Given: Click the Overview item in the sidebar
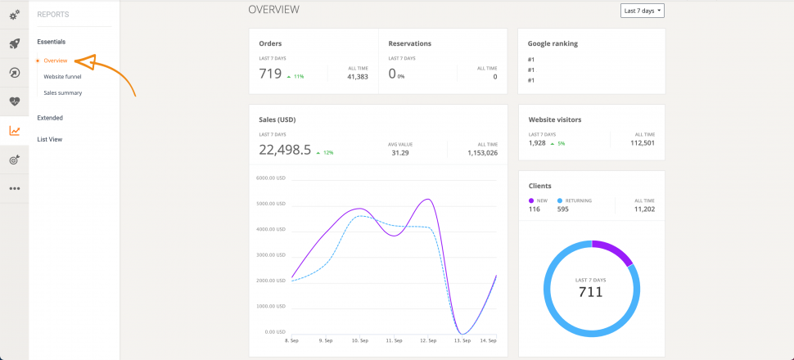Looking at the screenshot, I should (x=55, y=61).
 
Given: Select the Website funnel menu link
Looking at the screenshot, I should (x=62, y=76).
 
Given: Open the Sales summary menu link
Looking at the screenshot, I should (x=62, y=92).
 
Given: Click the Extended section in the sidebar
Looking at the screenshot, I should (x=50, y=118).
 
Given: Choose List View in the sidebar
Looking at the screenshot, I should (x=49, y=139).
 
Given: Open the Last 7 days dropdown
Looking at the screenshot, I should (x=643, y=11).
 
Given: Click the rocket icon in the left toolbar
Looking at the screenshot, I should (x=14, y=44).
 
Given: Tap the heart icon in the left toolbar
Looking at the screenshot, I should (x=14, y=101).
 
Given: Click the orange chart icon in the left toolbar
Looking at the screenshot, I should (x=14, y=131).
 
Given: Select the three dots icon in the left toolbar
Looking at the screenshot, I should (x=14, y=188).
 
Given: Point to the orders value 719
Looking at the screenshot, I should (x=270, y=74).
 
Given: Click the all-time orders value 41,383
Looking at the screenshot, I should (x=357, y=77).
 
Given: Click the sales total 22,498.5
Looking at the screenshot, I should (x=285, y=150).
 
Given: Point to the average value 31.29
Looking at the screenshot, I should (x=399, y=153).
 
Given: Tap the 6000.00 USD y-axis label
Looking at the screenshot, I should (x=269, y=178).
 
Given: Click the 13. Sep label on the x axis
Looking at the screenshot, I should (x=462, y=340).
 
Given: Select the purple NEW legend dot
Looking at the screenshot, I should (x=531, y=200).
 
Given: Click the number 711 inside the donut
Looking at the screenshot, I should (x=590, y=292).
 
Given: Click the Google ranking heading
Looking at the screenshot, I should (x=553, y=43).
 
